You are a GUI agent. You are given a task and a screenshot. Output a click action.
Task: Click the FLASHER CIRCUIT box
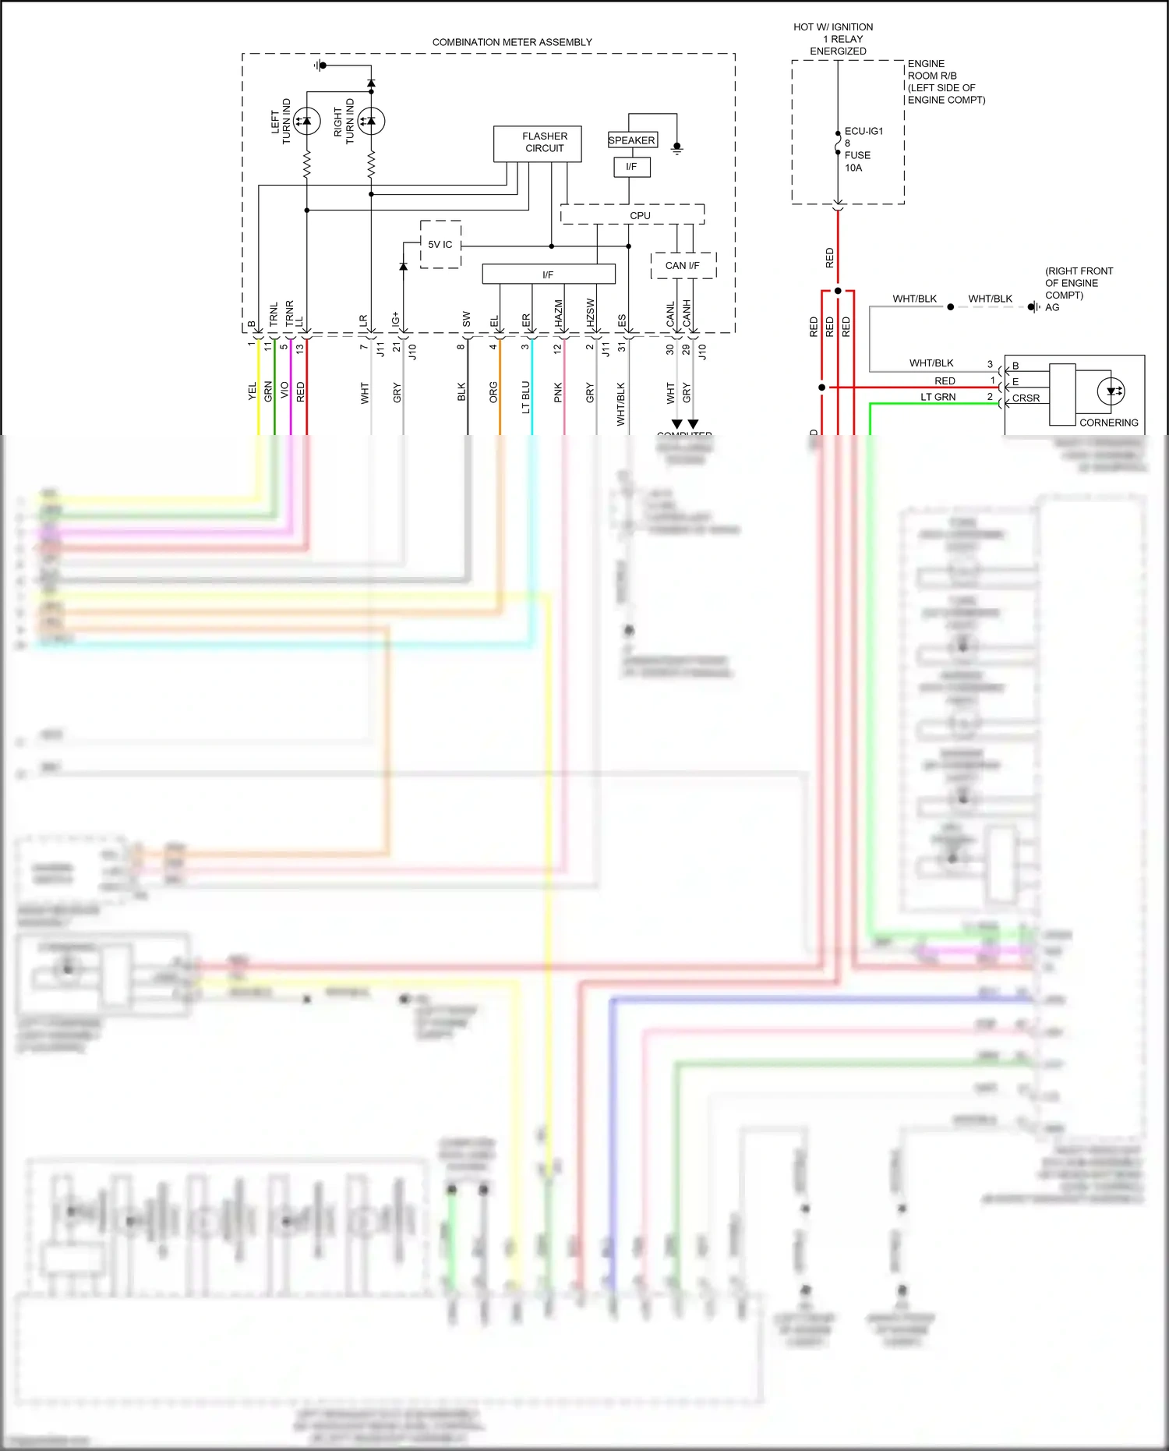(x=537, y=143)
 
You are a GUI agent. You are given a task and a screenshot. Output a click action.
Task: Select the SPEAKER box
(x=632, y=140)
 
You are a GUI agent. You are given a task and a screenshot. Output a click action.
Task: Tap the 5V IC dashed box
(x=440, y=244)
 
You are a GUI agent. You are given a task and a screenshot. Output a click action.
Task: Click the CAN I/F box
(x=683, y=265)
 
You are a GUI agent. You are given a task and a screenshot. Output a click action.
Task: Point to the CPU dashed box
(x=632, y=214)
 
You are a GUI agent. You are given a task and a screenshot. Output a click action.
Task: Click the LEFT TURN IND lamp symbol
(x=306, y=121)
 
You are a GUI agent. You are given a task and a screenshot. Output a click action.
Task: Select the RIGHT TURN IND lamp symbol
(x=371, y=121)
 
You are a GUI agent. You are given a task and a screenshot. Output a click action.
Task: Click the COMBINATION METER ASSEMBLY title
(x=512, y=42)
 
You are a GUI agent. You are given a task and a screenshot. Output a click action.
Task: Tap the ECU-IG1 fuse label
(x=864, y=131)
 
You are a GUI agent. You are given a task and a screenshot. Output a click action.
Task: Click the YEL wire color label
(x=253, y=391)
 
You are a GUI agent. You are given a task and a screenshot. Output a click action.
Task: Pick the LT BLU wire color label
(x=526, y=397)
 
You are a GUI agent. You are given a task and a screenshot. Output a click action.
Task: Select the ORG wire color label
(x=493, y=392)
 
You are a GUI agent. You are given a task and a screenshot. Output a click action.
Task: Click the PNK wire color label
(x=558, y=392)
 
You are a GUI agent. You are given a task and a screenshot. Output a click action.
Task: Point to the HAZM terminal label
(x=559, y=313)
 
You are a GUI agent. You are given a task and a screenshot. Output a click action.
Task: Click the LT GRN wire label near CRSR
(x=938, y=397)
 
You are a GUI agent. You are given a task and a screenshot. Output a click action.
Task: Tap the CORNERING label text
(x=1108, y=423)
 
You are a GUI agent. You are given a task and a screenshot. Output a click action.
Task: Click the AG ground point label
(x=1052, y=307)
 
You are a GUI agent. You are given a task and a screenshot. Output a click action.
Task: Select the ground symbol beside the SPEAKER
(x=676, y=147)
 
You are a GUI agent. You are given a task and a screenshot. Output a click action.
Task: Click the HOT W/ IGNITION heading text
(x=833, y=27)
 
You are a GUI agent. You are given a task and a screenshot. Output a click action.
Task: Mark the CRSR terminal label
(x=1026, y=398)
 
